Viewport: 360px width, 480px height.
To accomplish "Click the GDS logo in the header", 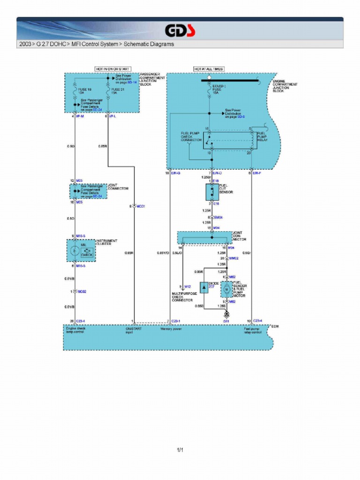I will click(180, 31).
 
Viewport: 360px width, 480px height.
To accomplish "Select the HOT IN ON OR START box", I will click(112, 69).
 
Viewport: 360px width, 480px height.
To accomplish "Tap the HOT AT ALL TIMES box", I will click(209, 69).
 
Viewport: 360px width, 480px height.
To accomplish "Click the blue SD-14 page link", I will click(132, 82).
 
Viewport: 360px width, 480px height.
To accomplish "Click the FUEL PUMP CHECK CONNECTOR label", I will click(191, 136).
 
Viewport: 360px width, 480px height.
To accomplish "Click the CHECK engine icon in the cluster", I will click(87, 252).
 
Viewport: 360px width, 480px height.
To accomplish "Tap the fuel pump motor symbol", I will click(226, 289).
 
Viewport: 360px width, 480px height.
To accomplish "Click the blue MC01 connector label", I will click(141, 206).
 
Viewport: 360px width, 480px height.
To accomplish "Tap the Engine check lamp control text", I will click(76, 330).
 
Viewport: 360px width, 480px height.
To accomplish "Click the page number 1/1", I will click(180, 450).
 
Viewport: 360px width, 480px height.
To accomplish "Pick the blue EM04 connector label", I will click(218, 217).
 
